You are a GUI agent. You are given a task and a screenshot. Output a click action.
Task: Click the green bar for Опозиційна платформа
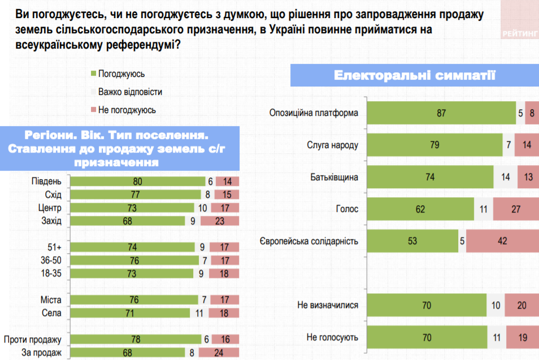coord(441,113)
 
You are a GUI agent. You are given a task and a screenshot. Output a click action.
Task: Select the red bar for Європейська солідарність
coord(502,241)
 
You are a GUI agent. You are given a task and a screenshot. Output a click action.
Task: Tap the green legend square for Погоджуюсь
coord(93,73)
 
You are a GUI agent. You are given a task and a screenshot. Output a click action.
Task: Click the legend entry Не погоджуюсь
coord(127,110)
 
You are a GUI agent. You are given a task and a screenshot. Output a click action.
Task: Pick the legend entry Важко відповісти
coord(130,92)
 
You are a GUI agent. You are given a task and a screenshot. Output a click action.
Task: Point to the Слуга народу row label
coord(333,145)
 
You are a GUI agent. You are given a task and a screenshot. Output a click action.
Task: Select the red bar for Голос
coord(515,209)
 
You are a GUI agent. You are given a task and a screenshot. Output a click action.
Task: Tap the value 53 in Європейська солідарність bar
coord(412,241)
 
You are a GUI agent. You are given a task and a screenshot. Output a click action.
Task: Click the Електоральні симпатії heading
coord(415,75)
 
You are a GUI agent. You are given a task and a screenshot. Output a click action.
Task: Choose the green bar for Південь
coord(137,181)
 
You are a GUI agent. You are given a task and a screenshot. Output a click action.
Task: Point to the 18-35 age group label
coord(50,274)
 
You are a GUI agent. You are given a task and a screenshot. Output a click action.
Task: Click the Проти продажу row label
coord(32,340)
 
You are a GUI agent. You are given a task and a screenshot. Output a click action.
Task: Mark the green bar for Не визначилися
coord(426,306)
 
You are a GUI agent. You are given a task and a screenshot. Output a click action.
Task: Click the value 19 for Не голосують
coord(522,337)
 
